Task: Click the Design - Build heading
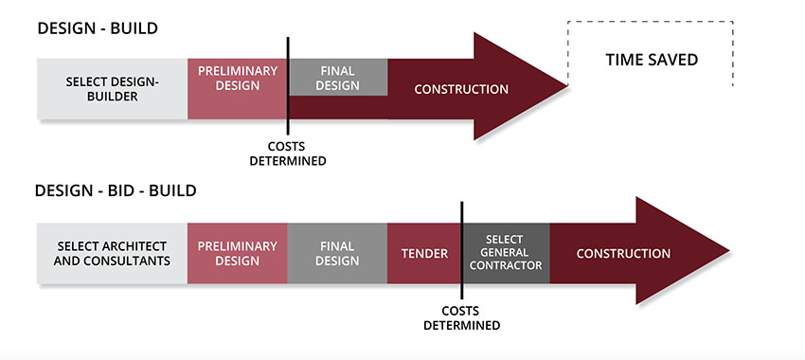click(97, 28)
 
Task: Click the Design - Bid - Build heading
click(116, 190)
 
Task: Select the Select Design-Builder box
click(112, 89)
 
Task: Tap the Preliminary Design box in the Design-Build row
click(237, 78)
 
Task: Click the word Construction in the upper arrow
click(461, 89)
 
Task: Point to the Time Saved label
click(651, 61)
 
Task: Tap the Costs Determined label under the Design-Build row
click(287, 153)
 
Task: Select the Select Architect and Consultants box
click(112, 253)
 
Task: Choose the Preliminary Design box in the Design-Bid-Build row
click(237, 253)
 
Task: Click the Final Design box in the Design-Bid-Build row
click(337, 253)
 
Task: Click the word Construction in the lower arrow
click(623, 253)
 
